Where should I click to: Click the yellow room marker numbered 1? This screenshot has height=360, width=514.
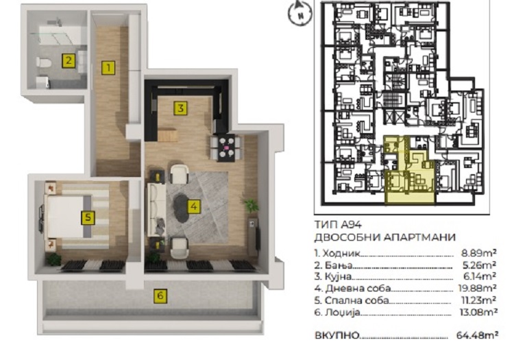coord(108,68)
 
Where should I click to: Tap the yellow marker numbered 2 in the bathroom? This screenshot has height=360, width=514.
coord(69,60)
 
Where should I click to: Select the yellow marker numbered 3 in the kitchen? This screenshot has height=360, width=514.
coord(180,108)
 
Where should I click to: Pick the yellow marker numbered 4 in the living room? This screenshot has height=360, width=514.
coord(194,206)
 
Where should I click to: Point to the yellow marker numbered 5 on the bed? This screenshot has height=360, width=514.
coord(88,217)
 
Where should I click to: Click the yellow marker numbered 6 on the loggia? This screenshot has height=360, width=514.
coord(160,296)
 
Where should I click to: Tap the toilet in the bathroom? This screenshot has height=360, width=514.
coord(43,62)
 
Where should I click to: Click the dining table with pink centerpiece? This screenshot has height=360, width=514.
coord(227,147)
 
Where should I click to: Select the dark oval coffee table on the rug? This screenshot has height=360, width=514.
coord(180,208)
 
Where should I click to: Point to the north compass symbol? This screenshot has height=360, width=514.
coord(299,13)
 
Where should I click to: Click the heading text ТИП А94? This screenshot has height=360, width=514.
coord(338,225)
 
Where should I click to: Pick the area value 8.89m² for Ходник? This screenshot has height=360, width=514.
coord(478,253)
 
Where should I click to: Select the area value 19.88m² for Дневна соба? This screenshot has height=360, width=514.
coord(476,288)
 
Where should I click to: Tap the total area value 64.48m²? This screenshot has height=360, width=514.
coord(477,335)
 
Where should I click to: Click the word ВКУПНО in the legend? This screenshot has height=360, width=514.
coord(336,335)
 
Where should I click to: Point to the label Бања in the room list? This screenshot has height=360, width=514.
coord(339,265)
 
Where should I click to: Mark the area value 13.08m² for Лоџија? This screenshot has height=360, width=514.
coord(478,312)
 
